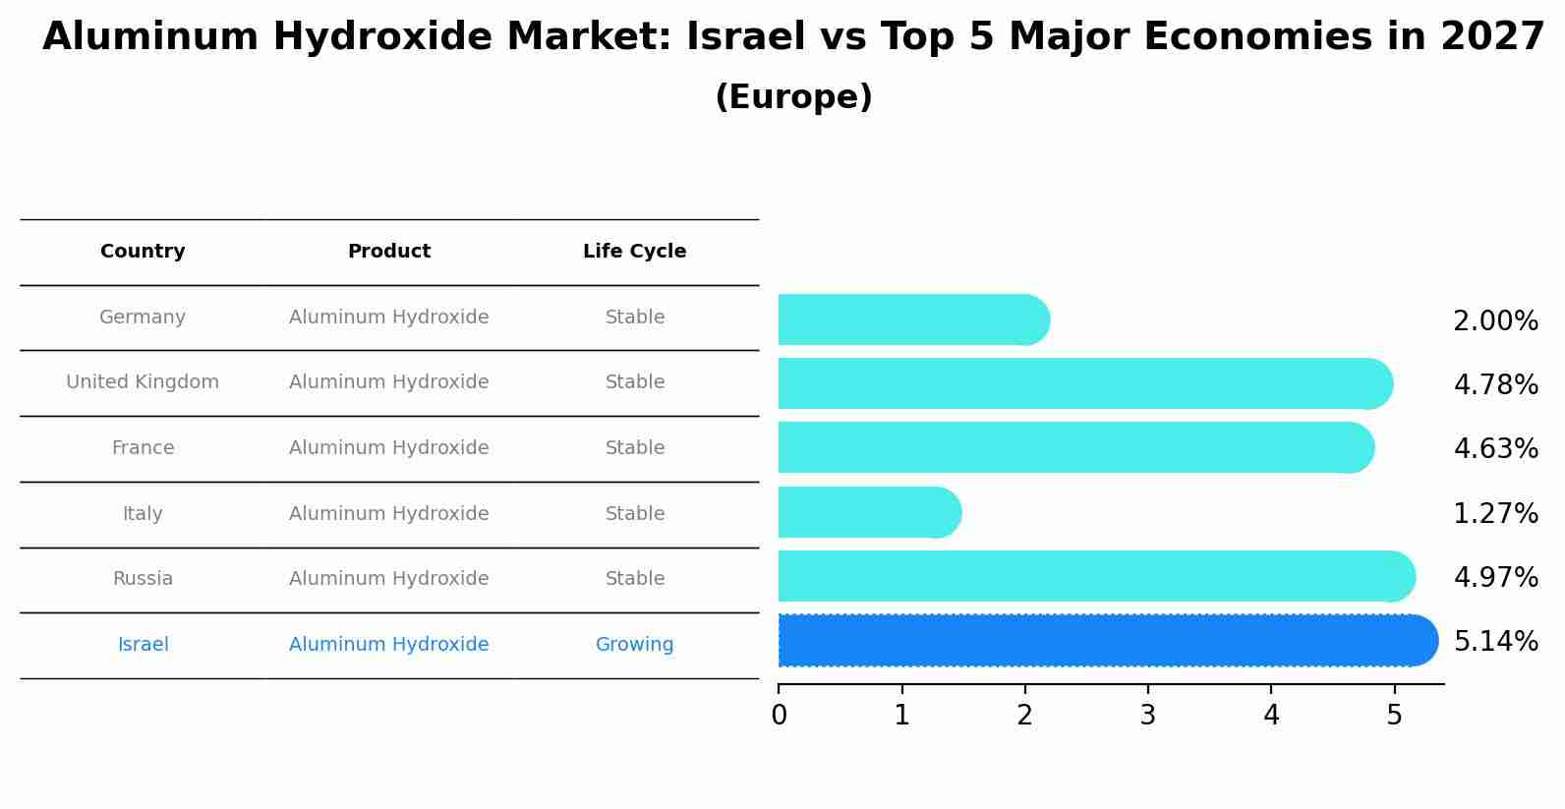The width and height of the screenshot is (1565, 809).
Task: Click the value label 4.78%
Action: [1495, 384]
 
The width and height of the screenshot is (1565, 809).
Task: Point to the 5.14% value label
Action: [1495, 642]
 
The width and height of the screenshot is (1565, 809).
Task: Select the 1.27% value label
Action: [1495, 513]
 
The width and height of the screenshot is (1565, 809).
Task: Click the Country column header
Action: [143, 252]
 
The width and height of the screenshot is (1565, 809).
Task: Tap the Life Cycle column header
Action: [634, 252]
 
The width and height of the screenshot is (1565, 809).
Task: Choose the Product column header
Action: [389, 252]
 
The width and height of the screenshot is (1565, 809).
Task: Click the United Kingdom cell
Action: [143, 382]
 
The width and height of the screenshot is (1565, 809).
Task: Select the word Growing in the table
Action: [634, 645]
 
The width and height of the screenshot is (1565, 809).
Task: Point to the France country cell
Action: [143, 448]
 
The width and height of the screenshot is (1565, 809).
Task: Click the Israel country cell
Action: [143, 645]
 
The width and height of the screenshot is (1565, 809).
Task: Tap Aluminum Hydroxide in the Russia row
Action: [389, 579]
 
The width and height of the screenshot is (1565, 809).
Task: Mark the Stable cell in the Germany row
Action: [634, 318]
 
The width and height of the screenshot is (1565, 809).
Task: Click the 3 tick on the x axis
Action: [1147, 716]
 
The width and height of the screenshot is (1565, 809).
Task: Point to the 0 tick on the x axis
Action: [779, 716]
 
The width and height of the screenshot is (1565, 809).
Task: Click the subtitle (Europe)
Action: [793, 97]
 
